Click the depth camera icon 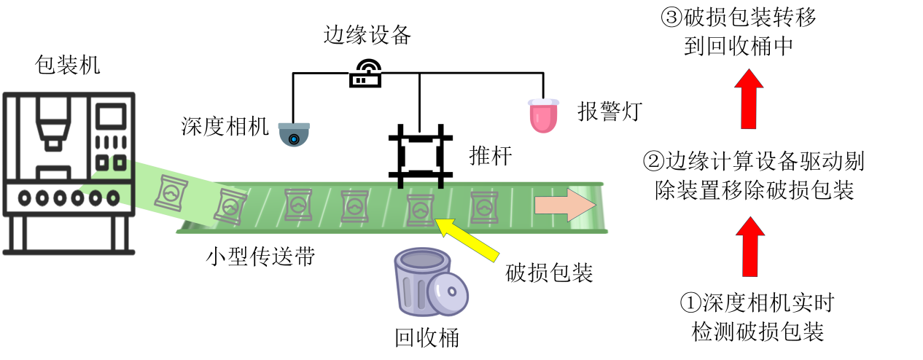(295, 135)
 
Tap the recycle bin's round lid (447, 296)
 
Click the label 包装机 (68, 65)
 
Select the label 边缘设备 (368, 34)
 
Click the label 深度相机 (225, 126)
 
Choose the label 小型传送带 (260, 256)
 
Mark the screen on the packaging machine (111, 117)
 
